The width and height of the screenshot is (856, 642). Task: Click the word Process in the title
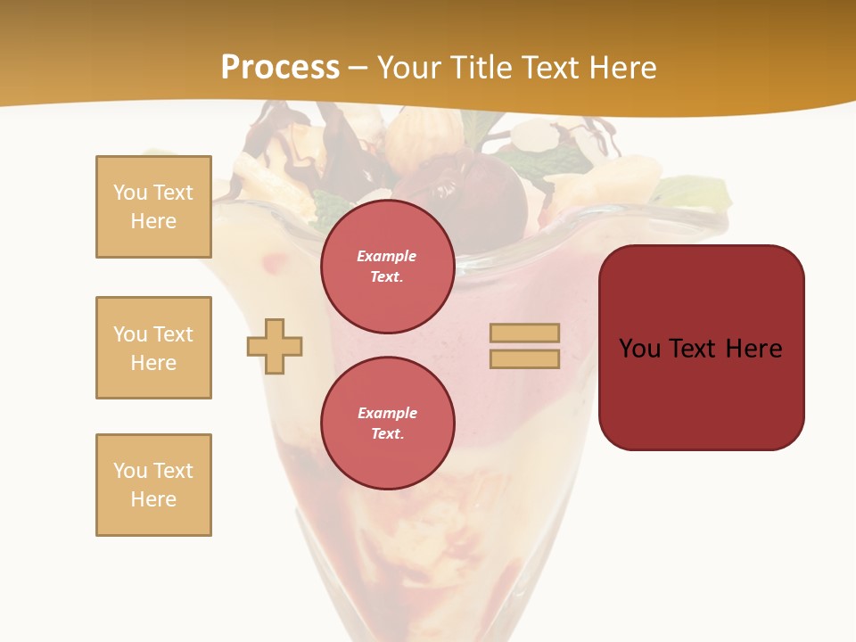coord(280,68)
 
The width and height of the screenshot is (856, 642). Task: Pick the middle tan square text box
coord(153,348)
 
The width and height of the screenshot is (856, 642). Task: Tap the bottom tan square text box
coord(153,485)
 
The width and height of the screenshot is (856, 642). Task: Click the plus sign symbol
coord(275,345)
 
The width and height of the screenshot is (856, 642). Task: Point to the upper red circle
coord(387,266)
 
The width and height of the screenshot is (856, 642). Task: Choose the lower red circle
coord(387,423)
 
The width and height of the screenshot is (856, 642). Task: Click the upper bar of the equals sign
coord(524,333)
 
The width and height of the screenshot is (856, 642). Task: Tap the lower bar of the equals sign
coord(524,358)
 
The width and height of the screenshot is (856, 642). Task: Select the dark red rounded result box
coord(701,392)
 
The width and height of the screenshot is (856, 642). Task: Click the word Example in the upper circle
coord(387,256)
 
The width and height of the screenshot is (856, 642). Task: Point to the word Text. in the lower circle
coord(387,433)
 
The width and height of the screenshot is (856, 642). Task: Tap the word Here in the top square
coord(153,221)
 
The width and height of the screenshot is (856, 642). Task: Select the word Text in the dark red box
coord(695,348)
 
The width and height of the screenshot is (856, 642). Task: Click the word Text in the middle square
coord(173,334)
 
